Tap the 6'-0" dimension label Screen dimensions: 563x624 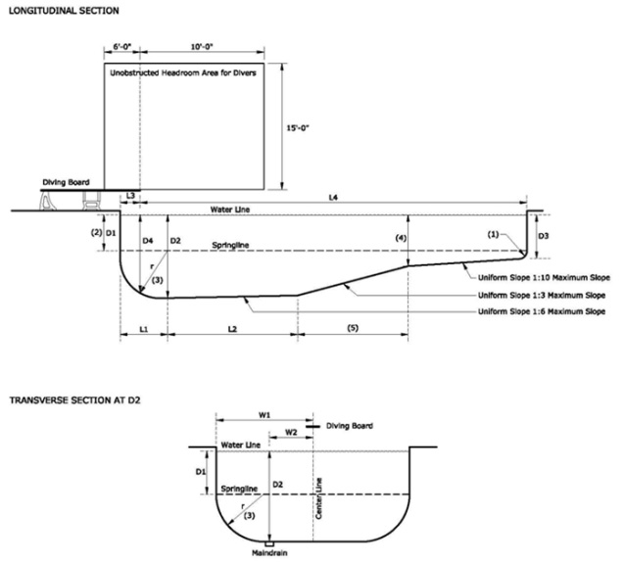pyautogui.click(x=120, y=46)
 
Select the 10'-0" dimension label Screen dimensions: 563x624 pyautogui.click(x=205, y=46)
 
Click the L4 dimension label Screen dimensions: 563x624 pyautogui.click(x=333, y=199)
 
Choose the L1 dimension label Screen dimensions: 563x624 pyautogui.click(x=143, y=326)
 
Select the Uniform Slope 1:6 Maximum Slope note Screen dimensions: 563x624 pyautogui.click(x=543, y=310)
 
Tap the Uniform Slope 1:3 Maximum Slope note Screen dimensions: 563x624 pyautogui.click(x=543, y=294)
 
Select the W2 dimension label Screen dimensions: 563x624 pyautogui.click(x=291, y=431)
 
